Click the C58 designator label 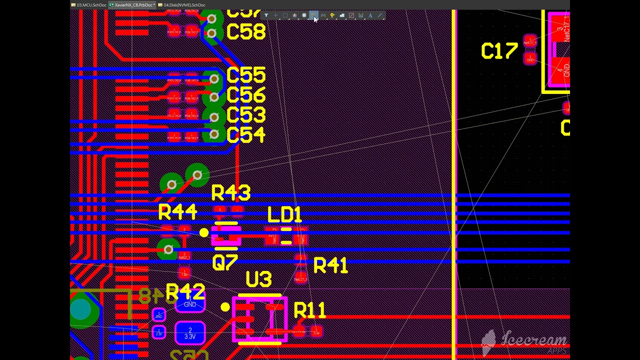pos(245,32)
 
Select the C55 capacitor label pos(245,76)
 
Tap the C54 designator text pos(245,135)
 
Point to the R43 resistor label pos(230,193)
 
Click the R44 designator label pos(177,212)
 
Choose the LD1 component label pos(284,215)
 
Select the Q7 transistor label pos(224,263)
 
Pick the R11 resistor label pos(310,311)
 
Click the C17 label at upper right pos(499,52)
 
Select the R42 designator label pos(185,292)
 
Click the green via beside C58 pos(212,33)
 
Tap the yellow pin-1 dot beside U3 pos(225,307)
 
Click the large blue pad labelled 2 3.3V pos(190,333)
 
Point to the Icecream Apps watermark pos(525,341)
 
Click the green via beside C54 pos(214,134)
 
